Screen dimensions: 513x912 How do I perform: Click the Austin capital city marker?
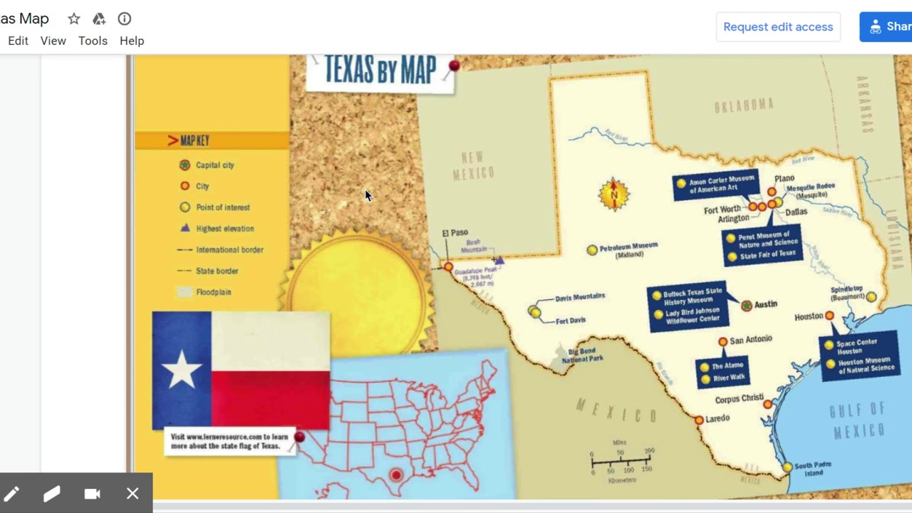746,306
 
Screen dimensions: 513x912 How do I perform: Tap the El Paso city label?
455,233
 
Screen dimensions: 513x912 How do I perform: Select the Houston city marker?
829,316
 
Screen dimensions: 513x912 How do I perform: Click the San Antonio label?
751,340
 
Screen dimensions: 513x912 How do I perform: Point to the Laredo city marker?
699,420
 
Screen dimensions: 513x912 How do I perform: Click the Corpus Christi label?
739,399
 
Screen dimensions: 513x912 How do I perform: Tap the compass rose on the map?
613,194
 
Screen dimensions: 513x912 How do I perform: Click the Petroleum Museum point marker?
592,250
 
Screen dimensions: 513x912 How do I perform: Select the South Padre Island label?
813,469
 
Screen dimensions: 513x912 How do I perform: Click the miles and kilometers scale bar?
621,461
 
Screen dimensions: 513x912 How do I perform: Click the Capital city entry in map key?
214,165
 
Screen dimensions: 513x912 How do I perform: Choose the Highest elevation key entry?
224,229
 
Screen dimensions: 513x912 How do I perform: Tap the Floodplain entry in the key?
213,292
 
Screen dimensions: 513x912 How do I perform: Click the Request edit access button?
777,27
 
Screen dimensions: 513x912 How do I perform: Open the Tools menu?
93,41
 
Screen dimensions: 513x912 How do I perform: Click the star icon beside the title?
74,19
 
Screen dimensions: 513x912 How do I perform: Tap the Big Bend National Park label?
582,355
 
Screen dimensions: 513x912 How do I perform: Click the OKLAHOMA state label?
744,106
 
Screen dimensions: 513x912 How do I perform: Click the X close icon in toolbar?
133,494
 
